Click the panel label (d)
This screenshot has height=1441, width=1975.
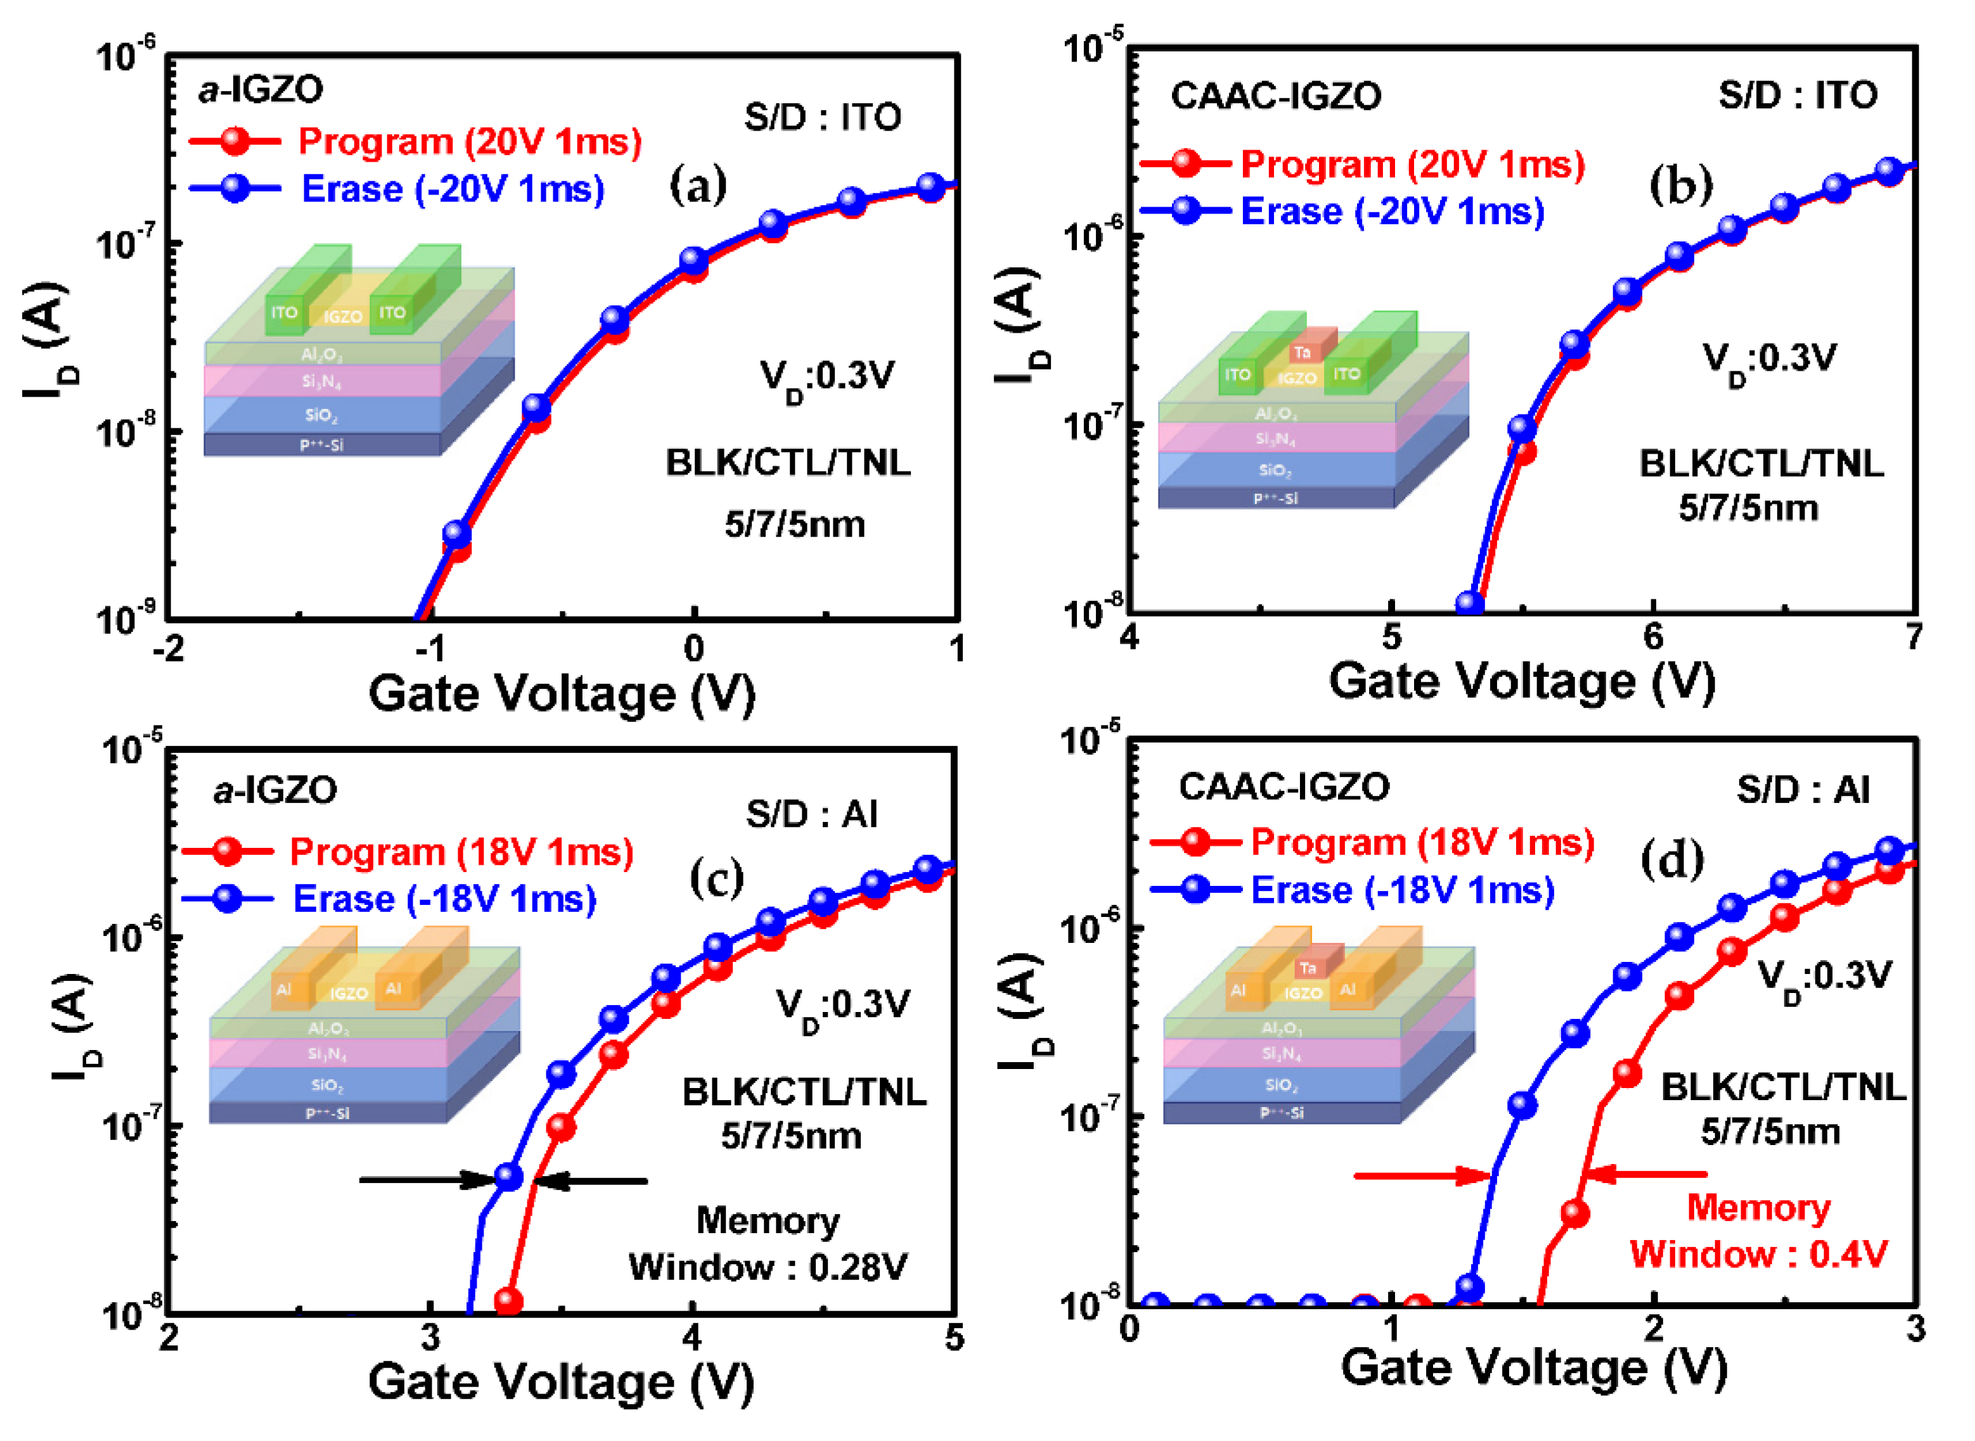pyautogui.click(x=1672, y=861)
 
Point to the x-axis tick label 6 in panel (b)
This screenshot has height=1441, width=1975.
pyautogui.click(x=1653, y=637)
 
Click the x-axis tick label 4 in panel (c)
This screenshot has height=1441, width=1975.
pyautogui.click(x=692, y=1337)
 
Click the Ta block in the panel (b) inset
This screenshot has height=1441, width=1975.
pyautogui.click(x=1303, y=352)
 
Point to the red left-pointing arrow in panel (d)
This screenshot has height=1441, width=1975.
pyautogui.click(x=1644, y=1174)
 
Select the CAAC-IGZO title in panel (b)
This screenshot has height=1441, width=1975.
pyautogui.click(x=1275, y=96)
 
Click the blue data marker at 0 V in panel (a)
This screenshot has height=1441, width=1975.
pyautogui.click(x=693, y=259)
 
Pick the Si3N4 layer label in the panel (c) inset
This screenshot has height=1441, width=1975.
pyautogui.click(x=327, y=1054)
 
